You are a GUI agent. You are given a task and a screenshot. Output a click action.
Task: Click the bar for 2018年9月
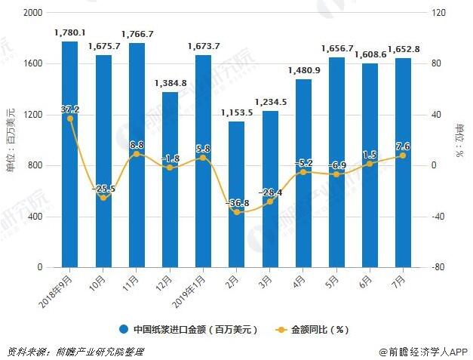coord(69,155)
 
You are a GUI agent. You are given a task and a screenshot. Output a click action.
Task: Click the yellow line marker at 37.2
coord(70,118)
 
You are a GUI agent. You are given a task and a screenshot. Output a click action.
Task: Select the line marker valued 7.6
coord(403,155)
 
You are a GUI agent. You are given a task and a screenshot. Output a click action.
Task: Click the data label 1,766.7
coord(137,34)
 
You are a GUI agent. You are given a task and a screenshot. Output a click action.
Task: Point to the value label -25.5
coord(103,189)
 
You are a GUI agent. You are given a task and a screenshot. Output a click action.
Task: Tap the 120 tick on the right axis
coord(439,13)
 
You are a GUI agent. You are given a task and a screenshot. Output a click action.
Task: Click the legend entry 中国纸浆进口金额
coord(189,330)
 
